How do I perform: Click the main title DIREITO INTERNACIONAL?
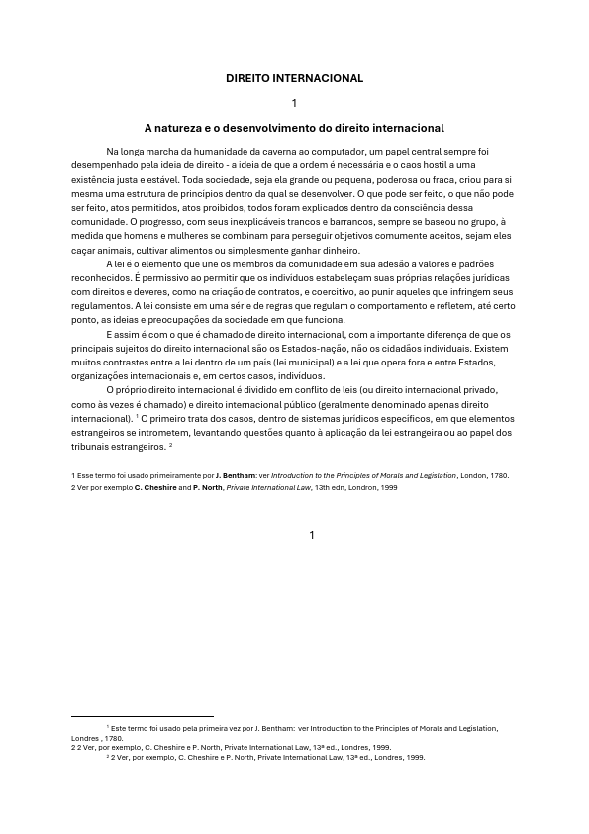point(294,78)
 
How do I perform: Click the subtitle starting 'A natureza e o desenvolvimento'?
point(294,128)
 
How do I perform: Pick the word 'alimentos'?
point(188,252)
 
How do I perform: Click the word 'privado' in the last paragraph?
point(476,390)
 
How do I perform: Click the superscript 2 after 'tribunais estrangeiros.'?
point(171,445)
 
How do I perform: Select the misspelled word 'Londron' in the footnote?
point(363,487)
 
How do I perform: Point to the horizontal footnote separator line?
point(143,716)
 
